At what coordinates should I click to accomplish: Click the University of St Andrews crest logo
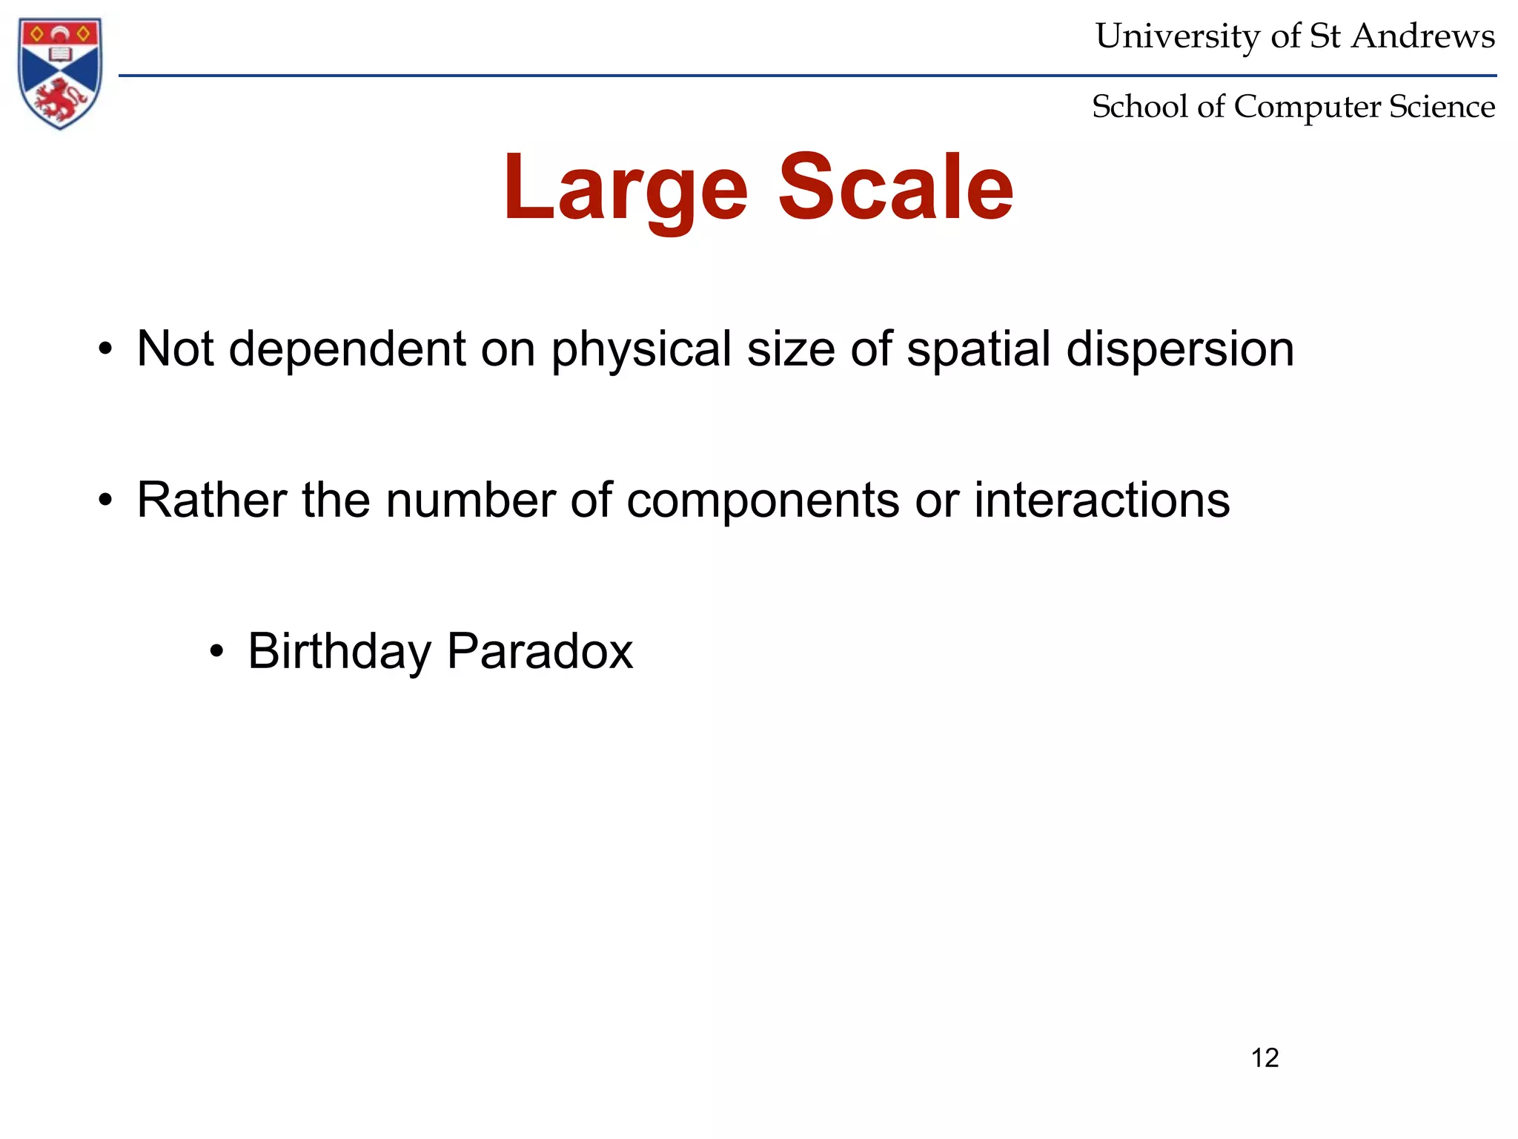coord(60,73)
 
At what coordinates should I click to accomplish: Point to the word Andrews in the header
coord(1423,36)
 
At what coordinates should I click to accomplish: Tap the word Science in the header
coord(1442,107)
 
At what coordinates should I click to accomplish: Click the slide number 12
coord(1265,1057)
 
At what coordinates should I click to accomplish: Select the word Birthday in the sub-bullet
coord(339,652)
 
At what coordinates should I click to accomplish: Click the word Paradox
coord(540,651)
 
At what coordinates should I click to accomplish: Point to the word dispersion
coord(1180,349)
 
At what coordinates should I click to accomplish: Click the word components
coord(763,501)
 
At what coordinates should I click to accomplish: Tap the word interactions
coord(1101,500)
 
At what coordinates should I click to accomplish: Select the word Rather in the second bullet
coord(211,500)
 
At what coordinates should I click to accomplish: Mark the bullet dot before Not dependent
coord(105,350)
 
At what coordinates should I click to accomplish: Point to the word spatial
coord(978,350)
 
